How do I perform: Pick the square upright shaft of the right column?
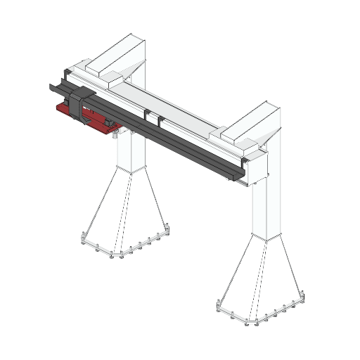(x=267, y=204)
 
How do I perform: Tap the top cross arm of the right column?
(x=250, y=123)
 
